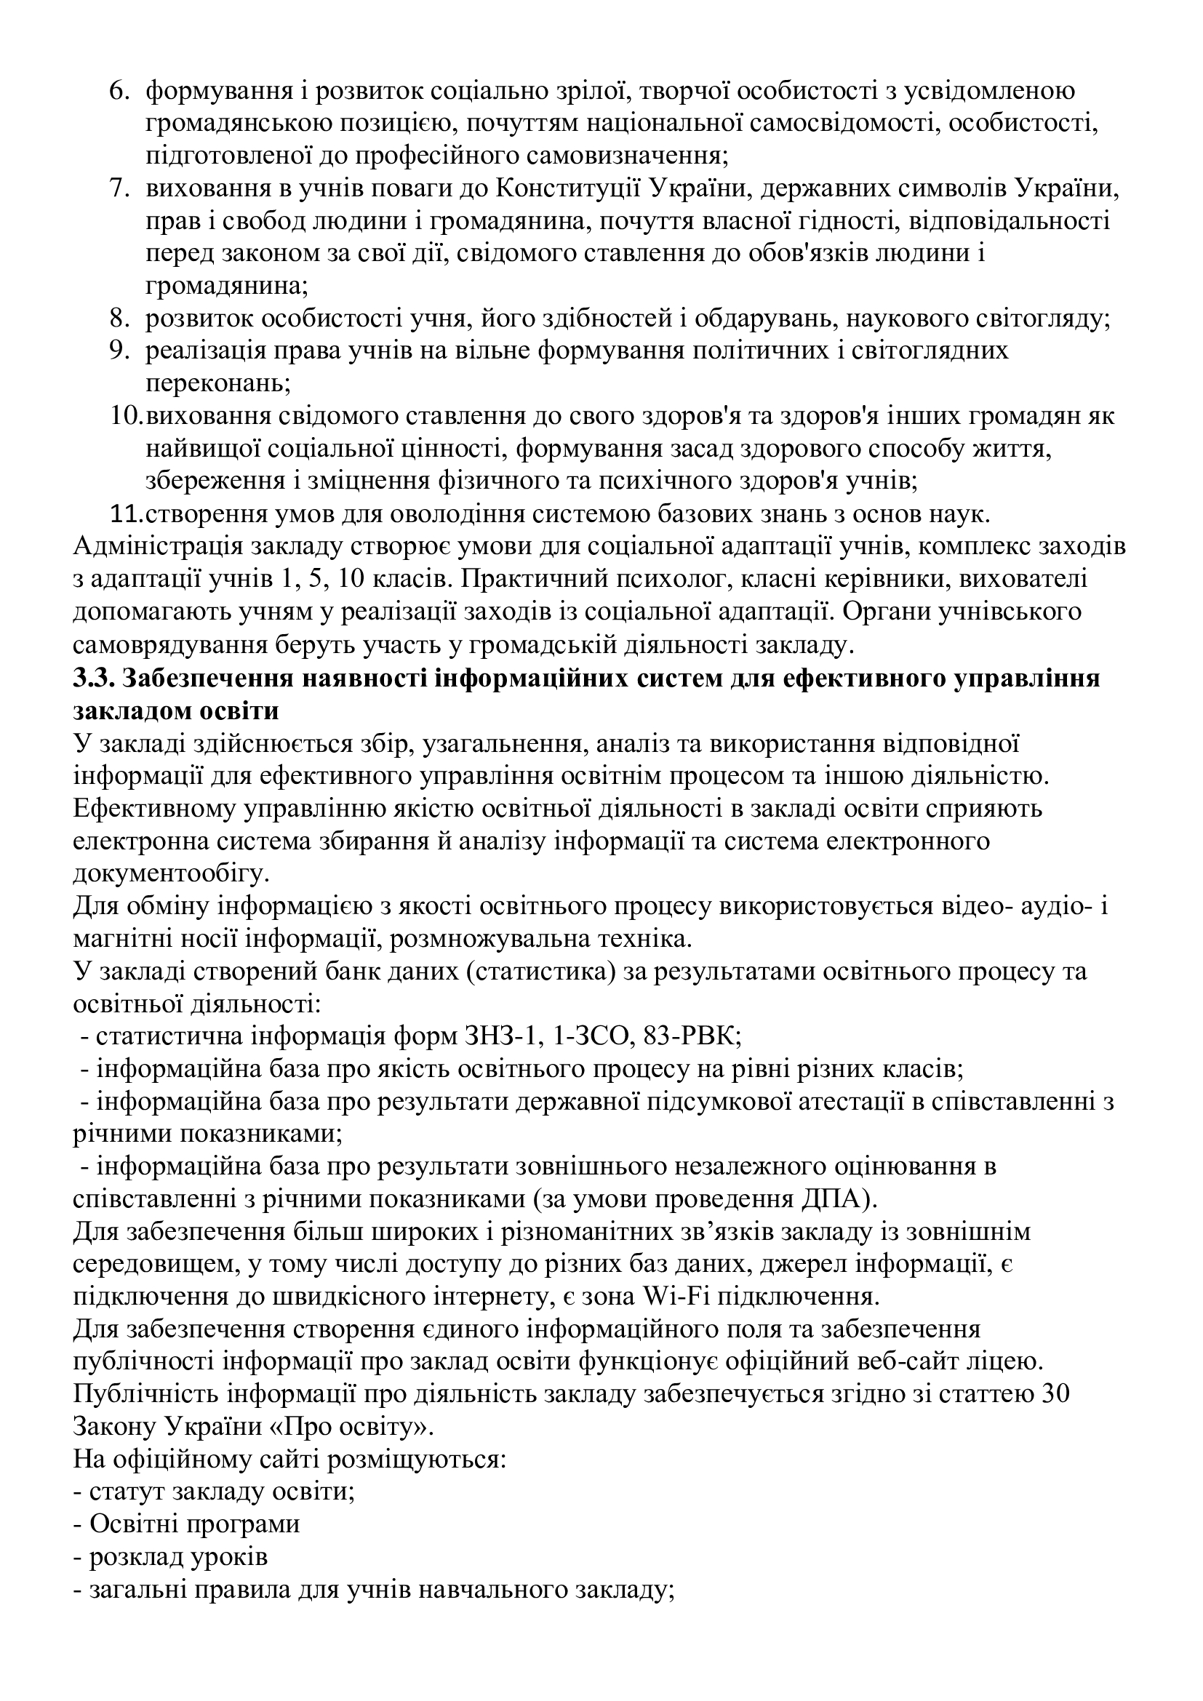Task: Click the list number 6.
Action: pos(119,92)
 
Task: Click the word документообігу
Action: pos(171,873)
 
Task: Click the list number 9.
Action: pos(119,351)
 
